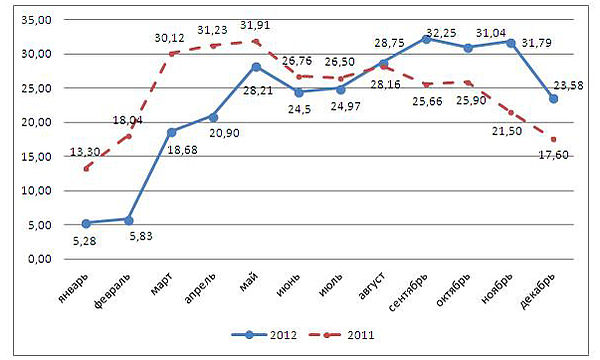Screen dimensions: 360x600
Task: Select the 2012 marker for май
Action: point(255,67)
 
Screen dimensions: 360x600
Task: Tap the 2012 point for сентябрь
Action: point(425,39)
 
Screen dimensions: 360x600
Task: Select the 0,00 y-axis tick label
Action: point(41,259)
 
